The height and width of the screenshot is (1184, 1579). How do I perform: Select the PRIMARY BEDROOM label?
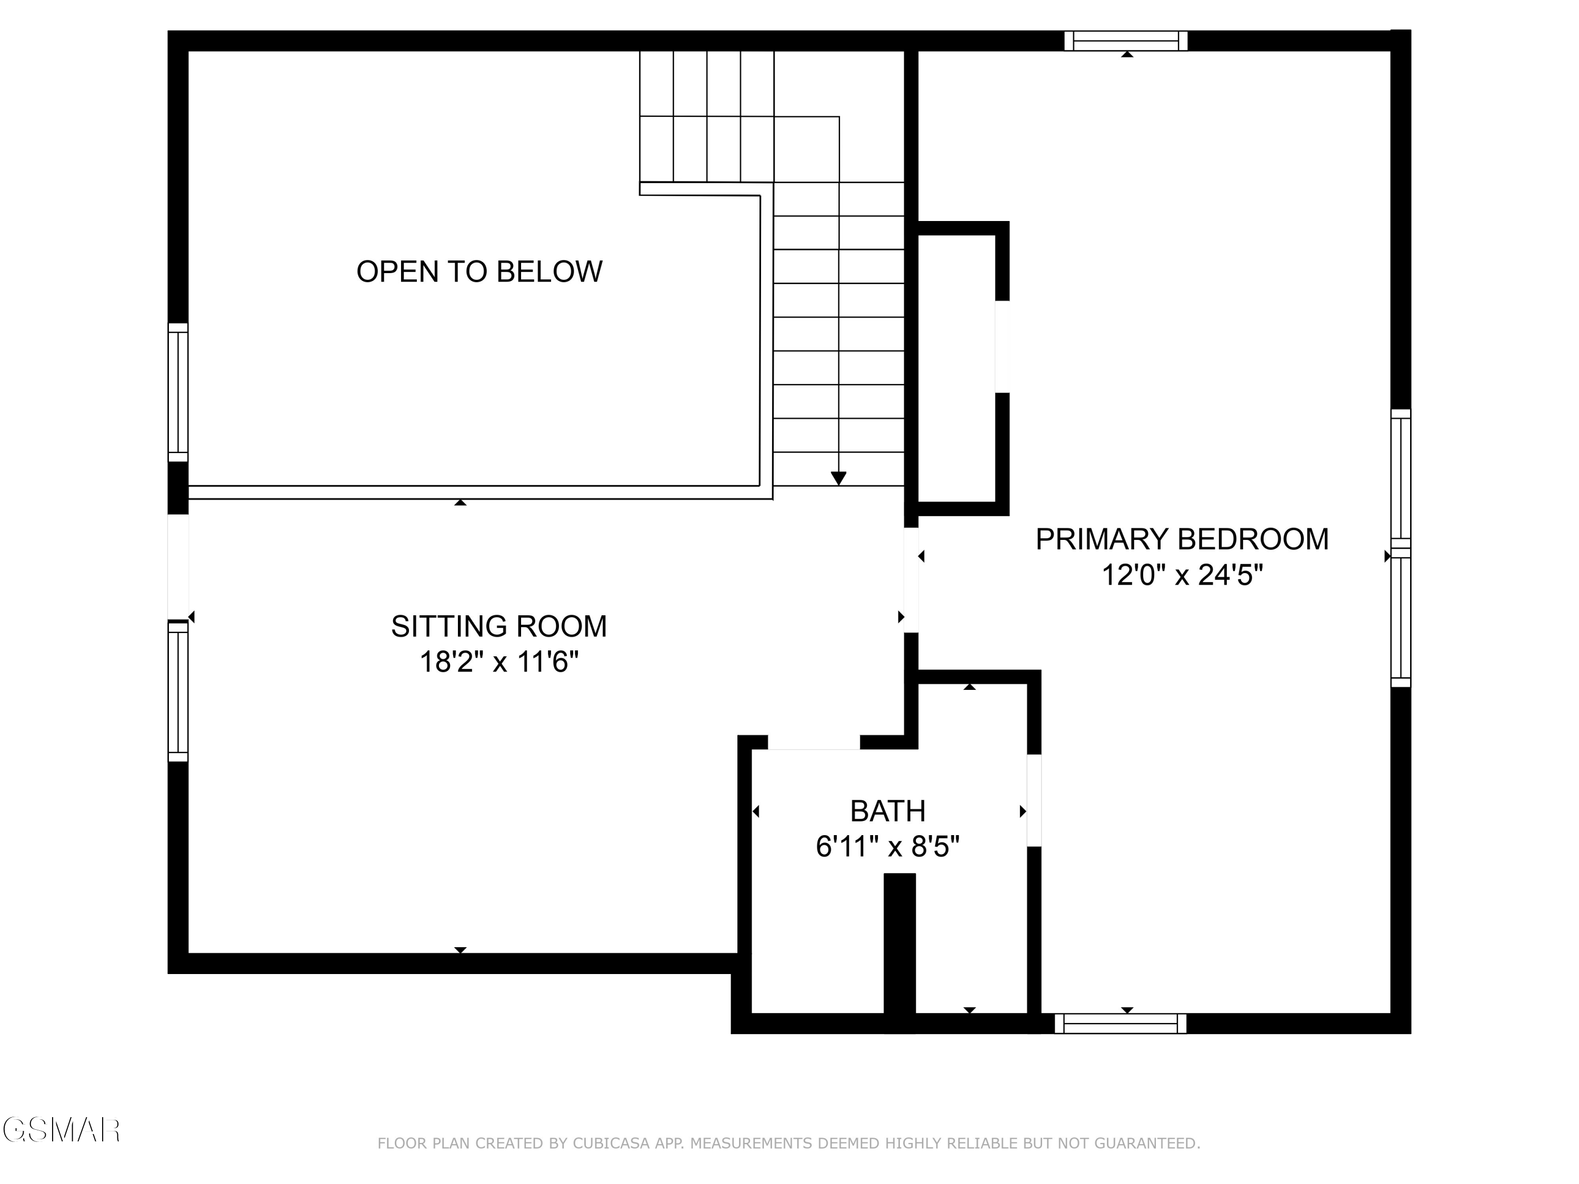tap(1182, 539)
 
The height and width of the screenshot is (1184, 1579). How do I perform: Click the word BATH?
tap(888, 811)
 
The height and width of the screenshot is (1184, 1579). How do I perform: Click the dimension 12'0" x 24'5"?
tap(1182, 575)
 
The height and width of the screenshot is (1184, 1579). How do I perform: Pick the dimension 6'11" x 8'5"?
tap(888, 847)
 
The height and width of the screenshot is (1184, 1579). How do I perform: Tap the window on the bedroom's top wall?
tap(1126, 41)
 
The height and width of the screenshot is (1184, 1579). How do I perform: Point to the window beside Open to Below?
tap(178, 393)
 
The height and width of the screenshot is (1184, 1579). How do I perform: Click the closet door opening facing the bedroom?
tap(1002, 347)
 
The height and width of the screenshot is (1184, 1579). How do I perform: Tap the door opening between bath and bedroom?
tap(1034, 800)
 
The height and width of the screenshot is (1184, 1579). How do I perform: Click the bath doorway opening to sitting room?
tap(813, 742)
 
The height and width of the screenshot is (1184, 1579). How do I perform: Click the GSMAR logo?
tap(61, 1130)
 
